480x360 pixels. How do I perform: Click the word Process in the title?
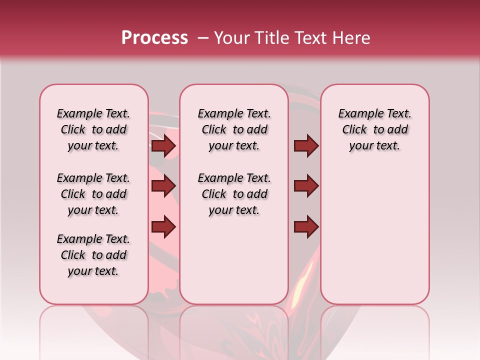[x=154, y=38]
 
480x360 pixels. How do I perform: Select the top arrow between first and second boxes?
[x=163, y=146]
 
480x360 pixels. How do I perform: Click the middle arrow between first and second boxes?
[x=163, y=186]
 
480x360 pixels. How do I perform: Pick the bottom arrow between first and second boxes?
[x=163, y=227]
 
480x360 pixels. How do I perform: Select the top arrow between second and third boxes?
[x=306, y=146]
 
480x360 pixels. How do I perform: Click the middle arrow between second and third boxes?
[x=306, y=186]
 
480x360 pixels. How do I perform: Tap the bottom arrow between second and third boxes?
[x=306, y=227]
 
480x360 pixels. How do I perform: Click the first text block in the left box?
[x=93, y=129]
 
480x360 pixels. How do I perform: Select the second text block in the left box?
[x=93, y=194]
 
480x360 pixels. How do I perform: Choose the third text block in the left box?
[x=93, y=255]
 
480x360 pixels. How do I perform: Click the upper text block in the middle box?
[x=234, y=129]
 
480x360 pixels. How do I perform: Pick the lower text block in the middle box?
[x=234, y=194]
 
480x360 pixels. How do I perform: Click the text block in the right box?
[x=375, y=129]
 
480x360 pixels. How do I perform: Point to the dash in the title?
[x=202, y=38]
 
